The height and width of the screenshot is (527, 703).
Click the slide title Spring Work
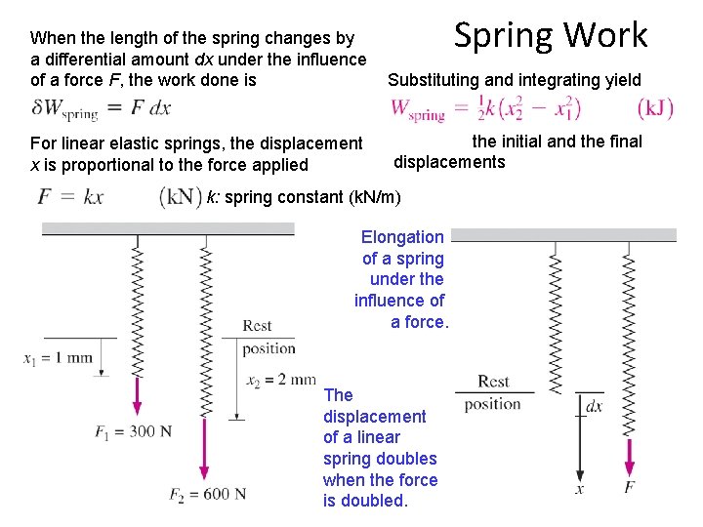[x=551, y=35]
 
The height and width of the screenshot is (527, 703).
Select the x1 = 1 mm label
[x=59, y=357]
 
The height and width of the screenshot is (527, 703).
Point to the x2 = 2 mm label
[x=281, y=379]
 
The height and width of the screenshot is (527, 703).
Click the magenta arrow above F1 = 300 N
[x=137, y=394]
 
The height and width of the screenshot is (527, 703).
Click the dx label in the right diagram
[x=594, y=405]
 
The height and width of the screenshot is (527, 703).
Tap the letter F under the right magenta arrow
[x=630, y=486]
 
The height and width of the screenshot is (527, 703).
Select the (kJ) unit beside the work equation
[x=655, y=107]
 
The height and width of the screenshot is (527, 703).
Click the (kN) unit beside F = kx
[x=181, y=196]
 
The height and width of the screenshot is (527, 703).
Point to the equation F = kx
[x=70, y=196]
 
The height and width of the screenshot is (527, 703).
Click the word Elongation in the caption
[x=402, y=237]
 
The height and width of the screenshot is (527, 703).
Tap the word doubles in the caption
[x=405, y=459]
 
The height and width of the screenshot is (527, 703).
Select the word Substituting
[x=436, y=80]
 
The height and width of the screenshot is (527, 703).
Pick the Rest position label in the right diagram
[x=493, y=392]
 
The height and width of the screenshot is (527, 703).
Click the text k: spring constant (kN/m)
[x=304, y=197]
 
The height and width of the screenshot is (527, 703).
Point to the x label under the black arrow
[x=579, y=488]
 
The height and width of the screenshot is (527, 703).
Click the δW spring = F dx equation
[x=102, y=107]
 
